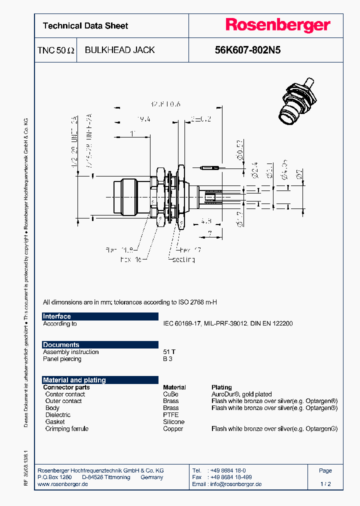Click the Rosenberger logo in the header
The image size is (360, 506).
pyautogui.click(x=277, y=25)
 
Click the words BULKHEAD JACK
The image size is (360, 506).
pyautogui.click(x=119, y=50)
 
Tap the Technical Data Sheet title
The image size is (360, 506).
pyautogui.click(x=85, y=26)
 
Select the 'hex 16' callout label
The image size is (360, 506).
pyautogui.click(x=131, y=259)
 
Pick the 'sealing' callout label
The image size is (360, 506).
pyautogui.click(x=183, y=259)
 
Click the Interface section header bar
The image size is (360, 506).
pyautogui.click(x=100, y=316)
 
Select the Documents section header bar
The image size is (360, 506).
pyautogui.click(x=100, y=345)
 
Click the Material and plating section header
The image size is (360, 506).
pyautogui.click(x=100, y=380)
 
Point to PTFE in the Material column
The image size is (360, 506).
pyautogui.click(x=170, y=415)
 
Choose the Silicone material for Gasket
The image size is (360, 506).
pyautogui.click(x=173, y=422)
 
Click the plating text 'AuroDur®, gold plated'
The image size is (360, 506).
pyautogui.click(x=242, y=394)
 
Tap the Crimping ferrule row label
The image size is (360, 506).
pyautogui.click(x=66, y=429)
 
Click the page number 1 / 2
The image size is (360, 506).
pyautogui.click(x=325, y=484)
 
